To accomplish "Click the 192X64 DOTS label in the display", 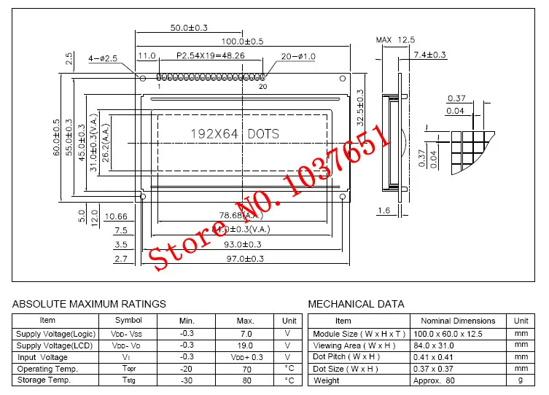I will click(x=234, y=134).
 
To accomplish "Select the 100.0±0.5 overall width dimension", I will click(x=242, y=42).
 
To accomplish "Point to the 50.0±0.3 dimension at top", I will click(x=189, y=28).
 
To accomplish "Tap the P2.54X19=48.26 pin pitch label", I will click(x=211, y=55).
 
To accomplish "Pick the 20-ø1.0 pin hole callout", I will click(x=297, y=56).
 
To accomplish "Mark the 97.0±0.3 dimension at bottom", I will click(x=242, y=259).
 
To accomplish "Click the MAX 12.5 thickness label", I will click(x=395, y=39).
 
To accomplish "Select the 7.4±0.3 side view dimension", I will click(x=429, y=55).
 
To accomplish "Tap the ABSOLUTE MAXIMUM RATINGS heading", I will click(x=89, y=303).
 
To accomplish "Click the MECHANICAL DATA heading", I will click(x=356, y=303).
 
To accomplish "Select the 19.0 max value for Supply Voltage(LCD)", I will click(x=245, y=345).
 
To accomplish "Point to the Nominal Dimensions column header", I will click(x=457, y=321).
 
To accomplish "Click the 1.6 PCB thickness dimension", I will click(x=384, y=210).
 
